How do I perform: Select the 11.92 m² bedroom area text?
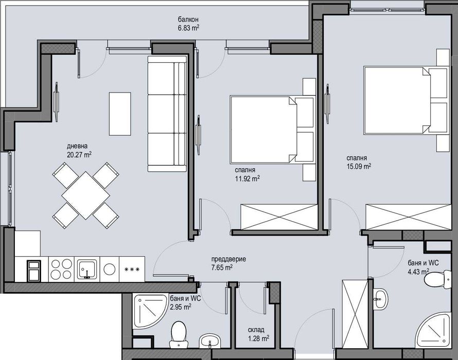[x=247, y=178]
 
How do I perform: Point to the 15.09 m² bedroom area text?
[x=359, y=166]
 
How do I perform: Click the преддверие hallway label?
[x=228, y=259]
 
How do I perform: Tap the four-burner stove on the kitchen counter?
[x=61, y=268]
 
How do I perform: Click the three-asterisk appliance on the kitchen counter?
[x=132, y=269]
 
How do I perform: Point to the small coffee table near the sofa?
[x=120, y=113]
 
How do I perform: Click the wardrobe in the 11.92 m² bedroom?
[x=278, y=217]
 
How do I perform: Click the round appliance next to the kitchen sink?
[x=110, y=269]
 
